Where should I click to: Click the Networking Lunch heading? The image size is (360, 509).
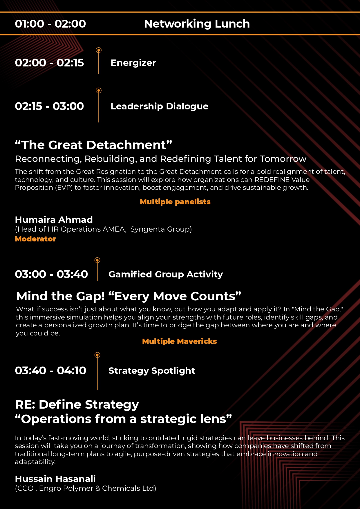(197, 24)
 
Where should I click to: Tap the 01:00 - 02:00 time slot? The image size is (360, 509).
(50, 24)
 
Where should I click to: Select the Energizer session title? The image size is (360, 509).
(133, 63)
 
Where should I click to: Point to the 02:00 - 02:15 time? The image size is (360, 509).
(49, 63)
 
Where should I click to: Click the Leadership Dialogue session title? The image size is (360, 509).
(159, 107)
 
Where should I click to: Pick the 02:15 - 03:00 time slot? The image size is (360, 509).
(49, 106)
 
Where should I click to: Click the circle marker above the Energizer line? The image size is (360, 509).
(99, 50)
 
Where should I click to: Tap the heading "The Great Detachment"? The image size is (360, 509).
(93, 145)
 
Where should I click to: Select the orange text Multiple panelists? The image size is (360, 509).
(175, 202)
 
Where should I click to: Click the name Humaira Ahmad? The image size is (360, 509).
(54, 220)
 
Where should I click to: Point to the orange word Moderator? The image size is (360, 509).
(35, 239)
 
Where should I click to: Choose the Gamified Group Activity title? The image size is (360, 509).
(166, 275)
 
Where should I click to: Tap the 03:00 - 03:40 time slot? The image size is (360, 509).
(51, 274)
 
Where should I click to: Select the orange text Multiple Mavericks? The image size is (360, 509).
(180, 341)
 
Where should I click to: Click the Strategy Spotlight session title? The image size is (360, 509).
(152, 371)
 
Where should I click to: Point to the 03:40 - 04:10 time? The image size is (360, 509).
(50, 371)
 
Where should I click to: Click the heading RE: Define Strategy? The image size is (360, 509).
(77, 405)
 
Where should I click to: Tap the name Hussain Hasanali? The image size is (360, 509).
(55, 479)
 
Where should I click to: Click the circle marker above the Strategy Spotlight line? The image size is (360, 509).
(97, 355)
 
